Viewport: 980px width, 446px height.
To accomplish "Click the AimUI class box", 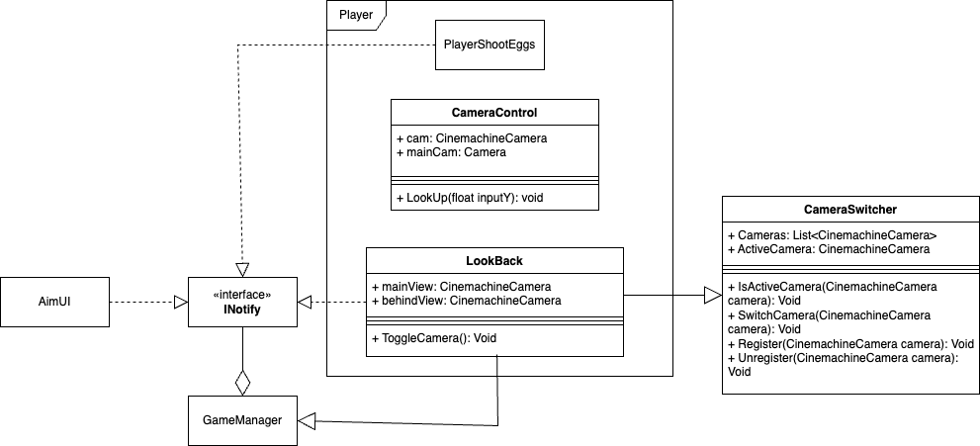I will coord(54,302).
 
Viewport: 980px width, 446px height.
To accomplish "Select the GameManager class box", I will coord(241,420).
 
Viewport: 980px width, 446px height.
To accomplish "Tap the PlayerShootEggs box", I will coord(490,45).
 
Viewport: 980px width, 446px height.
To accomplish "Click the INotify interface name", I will coord(241,311).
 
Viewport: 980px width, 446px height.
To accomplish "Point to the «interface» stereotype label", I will coord(241,295).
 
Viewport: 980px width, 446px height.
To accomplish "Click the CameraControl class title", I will coord(493,112).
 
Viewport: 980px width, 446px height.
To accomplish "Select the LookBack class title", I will coord(493,261).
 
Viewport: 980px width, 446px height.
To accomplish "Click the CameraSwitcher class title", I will coord(850,210).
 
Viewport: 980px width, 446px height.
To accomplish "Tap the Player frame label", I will coord(356,14).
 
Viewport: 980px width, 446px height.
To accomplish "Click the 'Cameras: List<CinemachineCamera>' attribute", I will coord(832,235).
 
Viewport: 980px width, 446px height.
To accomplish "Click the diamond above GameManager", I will coord(241,381).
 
